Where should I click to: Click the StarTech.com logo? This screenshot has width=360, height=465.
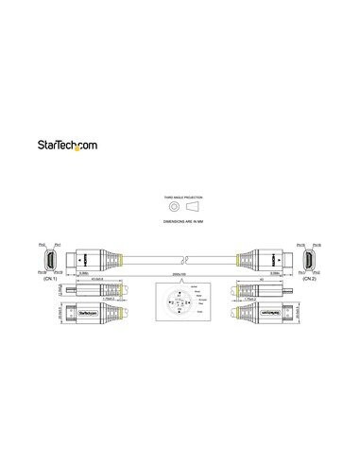pos(179,145)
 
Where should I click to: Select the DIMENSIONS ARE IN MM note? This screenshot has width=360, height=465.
pos(179,221)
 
